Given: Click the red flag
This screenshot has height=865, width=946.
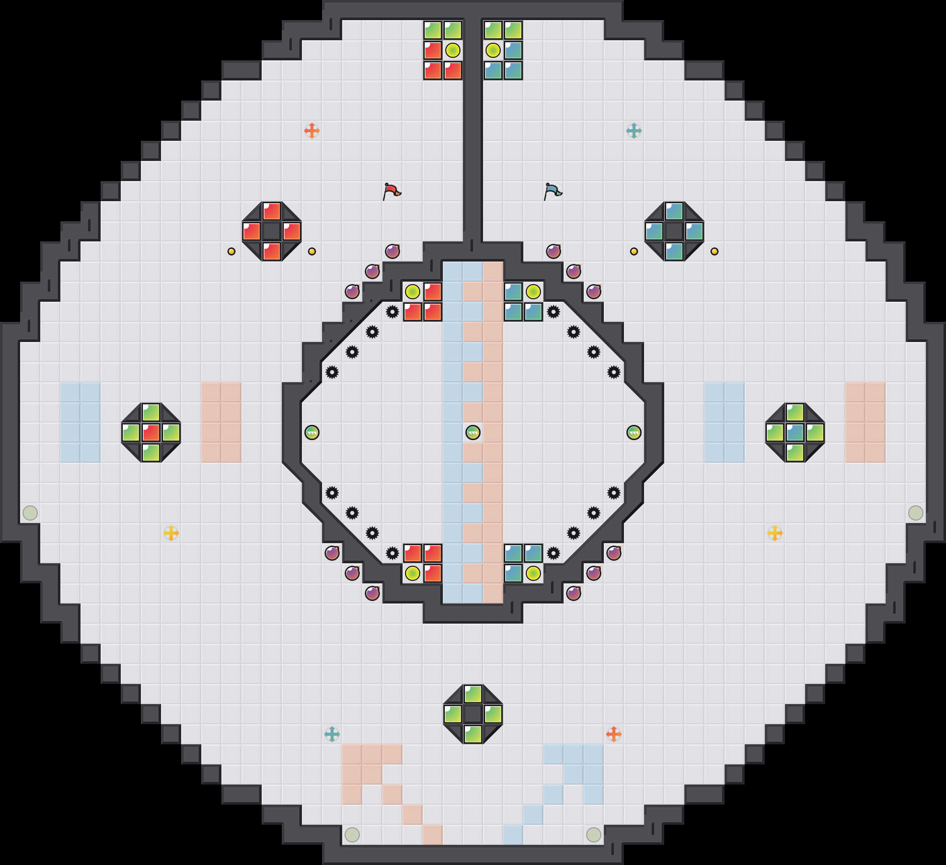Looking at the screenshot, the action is [x=391, y=191].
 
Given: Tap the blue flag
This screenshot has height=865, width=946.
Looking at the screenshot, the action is [x=553, y=191].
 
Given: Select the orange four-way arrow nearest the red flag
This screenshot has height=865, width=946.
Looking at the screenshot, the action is [x=312, y=131].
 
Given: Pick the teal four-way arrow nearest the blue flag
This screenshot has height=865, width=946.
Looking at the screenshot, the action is [x=634, y=131].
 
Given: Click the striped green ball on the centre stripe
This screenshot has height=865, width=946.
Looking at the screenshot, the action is [x=473, y=432].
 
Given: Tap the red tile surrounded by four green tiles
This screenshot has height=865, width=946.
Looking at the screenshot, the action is [x=151, y=432].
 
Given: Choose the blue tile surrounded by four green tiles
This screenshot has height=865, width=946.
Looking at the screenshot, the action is [x=795, y=432].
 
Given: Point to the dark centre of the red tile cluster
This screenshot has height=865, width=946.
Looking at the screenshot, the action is [x=272, y=231].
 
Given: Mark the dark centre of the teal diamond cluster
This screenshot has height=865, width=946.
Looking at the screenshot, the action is [x=674, y=231].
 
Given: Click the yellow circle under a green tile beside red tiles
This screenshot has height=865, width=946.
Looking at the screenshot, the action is [x=453, y=50].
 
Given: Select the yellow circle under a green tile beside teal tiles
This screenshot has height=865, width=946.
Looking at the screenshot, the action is [x=493, y=50].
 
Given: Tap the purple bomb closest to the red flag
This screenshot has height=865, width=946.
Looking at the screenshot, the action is [x=392, y=251].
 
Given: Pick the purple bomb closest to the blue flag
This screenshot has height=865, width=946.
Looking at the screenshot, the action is [x=554, y=251].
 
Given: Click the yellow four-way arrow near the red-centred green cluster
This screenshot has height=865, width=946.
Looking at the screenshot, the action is [x=171, y=533].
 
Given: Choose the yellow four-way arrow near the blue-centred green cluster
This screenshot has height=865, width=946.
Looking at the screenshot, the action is [x=775, y=533].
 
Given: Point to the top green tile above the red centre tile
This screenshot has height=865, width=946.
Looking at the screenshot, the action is [x=151, y=412].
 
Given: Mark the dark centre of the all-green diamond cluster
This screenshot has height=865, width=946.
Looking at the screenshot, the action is [x=473, y=714].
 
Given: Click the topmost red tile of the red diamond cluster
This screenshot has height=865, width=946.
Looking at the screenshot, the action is [x=272, y=211].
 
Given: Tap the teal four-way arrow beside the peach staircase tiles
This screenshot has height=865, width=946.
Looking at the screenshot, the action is [x=332, y=734].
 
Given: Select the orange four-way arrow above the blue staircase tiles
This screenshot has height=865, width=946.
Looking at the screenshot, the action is [x=614, y=734].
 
